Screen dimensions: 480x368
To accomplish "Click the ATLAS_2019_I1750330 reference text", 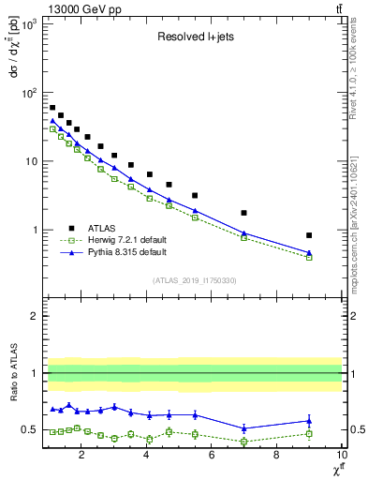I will pos(193,280).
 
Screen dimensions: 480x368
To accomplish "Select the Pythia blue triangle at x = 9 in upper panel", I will pos(309,252).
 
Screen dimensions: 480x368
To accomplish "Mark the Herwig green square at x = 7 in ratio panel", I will pos(244,441).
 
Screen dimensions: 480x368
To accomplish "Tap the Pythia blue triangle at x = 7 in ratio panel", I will pos(244,428).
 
